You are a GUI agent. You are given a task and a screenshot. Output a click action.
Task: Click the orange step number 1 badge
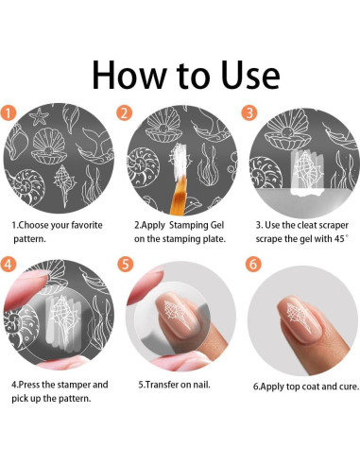(x=9, y=112)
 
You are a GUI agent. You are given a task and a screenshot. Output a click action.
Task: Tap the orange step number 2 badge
(x=125, y=112)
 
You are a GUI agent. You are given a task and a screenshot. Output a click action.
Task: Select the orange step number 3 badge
(x=249, y=112)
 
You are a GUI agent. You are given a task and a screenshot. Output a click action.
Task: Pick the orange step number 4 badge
(x=9, y=264)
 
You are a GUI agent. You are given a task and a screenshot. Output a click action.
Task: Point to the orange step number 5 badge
(x=126, y=264)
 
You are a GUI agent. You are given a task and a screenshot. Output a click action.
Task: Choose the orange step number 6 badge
(x=253, y=264)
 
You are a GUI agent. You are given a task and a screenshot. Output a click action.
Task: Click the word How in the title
(x=129, y=75)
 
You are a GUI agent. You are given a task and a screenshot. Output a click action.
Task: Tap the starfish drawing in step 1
(x=39, y=117)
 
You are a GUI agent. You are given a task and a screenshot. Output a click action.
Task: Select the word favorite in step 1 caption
(x=87, y=225)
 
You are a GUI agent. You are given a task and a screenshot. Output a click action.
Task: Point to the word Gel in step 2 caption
(x=215, y=225)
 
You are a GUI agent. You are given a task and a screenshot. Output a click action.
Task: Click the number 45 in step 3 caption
(x=339, y=239)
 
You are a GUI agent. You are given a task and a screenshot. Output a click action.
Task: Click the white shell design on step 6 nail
(x=300, y=317)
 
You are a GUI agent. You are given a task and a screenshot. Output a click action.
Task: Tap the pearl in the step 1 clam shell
(x=47, y=151)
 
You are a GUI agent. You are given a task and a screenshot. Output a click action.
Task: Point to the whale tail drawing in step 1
(x=96, y=145)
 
